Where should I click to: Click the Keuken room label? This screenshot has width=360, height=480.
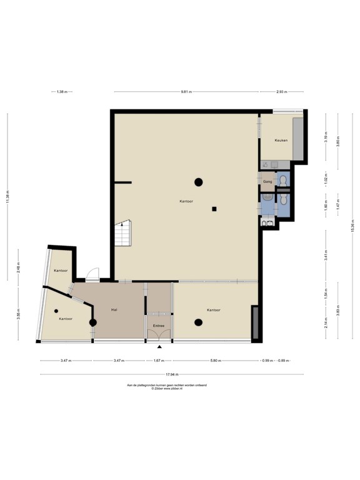coord(281,141)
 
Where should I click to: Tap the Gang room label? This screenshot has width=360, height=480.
coord(267,181)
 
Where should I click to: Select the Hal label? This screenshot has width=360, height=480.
coord(114,309)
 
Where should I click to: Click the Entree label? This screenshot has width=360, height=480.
coord(159,326)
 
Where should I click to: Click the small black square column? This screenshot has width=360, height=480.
coord(214,209)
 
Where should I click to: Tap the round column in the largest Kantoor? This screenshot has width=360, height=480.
coord(198,182)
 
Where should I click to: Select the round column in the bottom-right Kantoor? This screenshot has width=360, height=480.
coord(199,322)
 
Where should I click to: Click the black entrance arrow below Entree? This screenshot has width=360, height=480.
coord(159,346)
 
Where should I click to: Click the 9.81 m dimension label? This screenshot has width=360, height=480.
coord(186,92)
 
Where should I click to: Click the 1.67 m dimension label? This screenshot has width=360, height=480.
coord(158,361)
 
